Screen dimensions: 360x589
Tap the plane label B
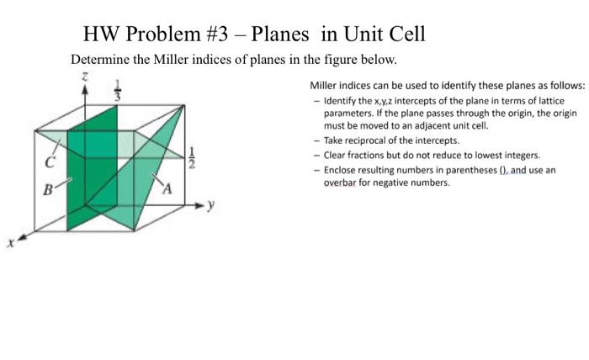(x=49, y=190)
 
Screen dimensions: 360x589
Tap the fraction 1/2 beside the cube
(x=191, y=156)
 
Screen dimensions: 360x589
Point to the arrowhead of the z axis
(x=84, y=87)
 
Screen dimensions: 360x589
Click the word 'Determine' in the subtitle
(x=102, y=61)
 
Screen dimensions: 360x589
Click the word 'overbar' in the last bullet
(x=342, y=182)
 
